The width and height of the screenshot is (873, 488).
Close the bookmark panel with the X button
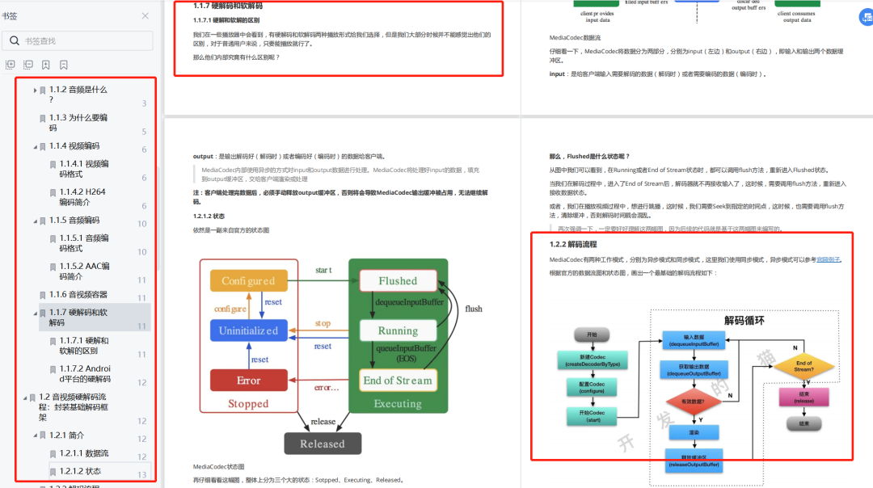[145, 15]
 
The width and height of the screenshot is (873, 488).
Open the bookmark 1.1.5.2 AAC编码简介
[84, 271]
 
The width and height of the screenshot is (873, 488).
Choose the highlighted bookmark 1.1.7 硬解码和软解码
[89, 318]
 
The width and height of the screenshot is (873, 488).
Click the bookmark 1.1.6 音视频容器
[78, 295]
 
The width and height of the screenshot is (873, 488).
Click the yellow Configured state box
[248, 281]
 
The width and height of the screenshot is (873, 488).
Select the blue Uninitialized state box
[248, 330]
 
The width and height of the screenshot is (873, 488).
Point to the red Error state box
[248, 381]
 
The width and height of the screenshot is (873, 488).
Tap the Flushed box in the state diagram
[398, 281]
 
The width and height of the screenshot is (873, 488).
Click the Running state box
[398, 330]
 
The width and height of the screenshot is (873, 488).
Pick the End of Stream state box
[398, 381]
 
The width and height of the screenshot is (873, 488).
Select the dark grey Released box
[322, 444]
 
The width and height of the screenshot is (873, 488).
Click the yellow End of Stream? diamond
[804, 367]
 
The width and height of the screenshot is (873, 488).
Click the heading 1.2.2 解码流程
[574, 244]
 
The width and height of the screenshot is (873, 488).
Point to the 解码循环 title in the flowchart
[744, 320]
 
